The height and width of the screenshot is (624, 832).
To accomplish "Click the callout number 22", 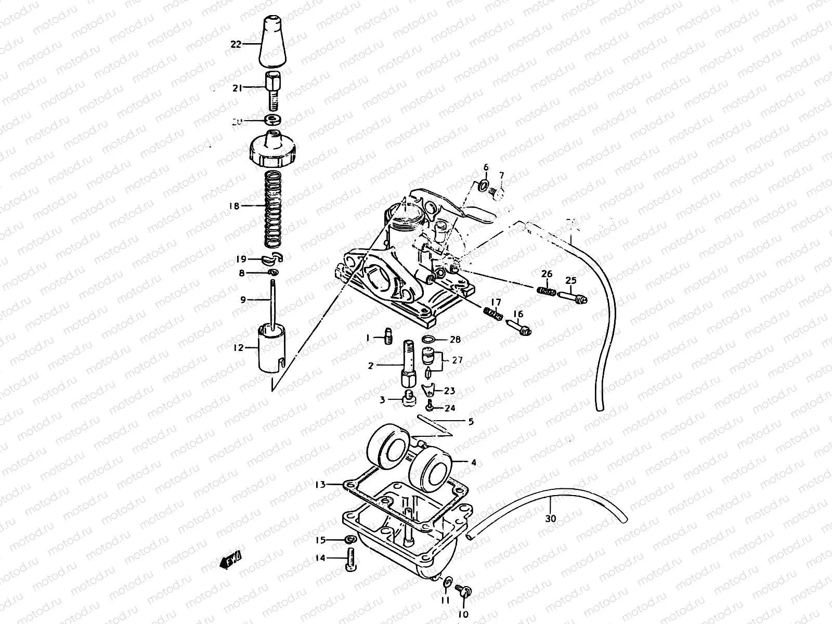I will point(236,45).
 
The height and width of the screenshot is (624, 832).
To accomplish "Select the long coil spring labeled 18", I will point(274,209).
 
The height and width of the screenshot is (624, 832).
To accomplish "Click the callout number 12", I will point(238,348).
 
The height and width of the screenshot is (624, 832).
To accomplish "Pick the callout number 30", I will point(551,518).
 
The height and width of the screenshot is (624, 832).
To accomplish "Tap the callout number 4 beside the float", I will point(473,462).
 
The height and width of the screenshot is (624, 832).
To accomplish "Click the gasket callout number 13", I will point(320,485).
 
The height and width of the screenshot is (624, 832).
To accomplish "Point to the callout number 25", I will point(571,281).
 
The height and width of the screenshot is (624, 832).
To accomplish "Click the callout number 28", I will point(456,340).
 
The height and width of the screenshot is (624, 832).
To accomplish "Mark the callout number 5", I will point(471,422).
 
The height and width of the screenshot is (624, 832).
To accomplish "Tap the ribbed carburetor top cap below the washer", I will point(274,150).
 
